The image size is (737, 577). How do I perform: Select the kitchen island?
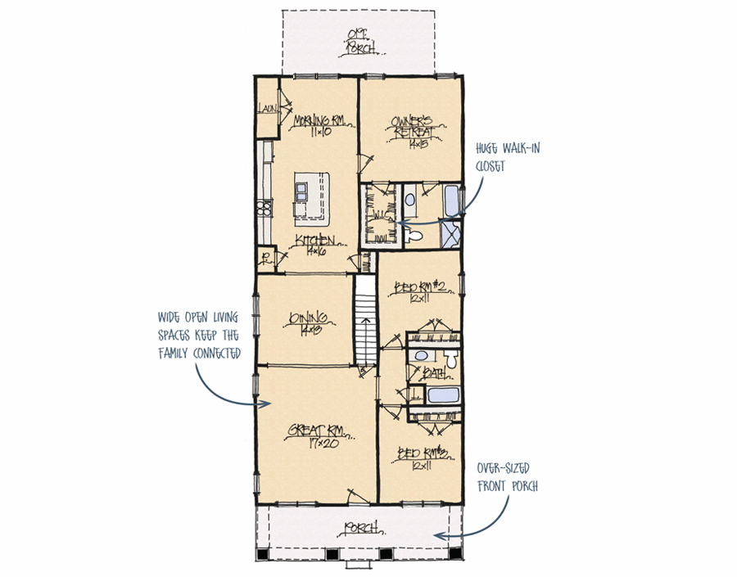[x=311, y=196]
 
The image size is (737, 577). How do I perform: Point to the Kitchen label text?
[x=315, y=240]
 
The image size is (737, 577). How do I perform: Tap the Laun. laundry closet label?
[x=267, y=109]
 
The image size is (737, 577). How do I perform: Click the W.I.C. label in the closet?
[x=382, y=215]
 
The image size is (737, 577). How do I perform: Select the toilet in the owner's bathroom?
[x=416, y=236]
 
